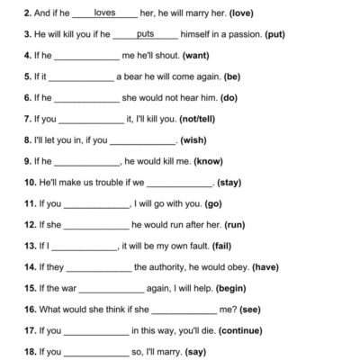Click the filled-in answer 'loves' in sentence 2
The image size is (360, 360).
[x=104, y=13]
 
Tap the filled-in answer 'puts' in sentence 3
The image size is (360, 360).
[x=145, y=34]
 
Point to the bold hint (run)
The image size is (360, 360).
[x=236, y=223]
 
